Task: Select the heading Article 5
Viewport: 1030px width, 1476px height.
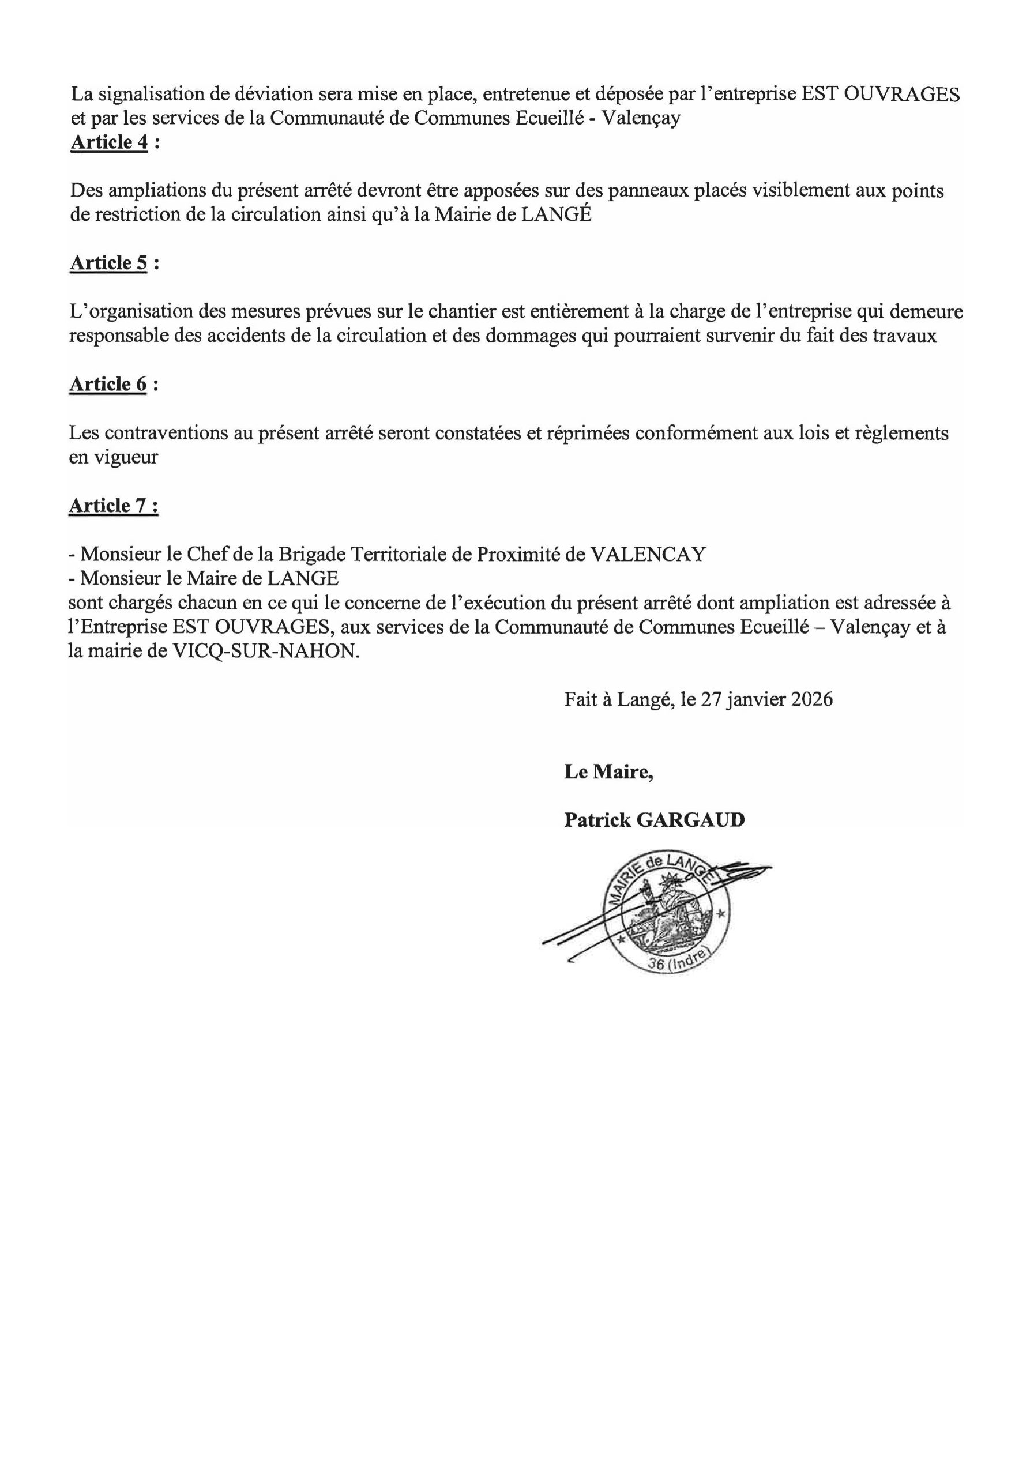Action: click(x=108, y=263)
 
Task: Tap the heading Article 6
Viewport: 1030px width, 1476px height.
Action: click(x=108, y=384)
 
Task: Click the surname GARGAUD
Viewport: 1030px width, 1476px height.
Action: click(x=690, y=820)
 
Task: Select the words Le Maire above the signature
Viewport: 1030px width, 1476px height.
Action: click(x=608, y=771)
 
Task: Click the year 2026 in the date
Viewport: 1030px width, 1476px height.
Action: click(x=811, y=699)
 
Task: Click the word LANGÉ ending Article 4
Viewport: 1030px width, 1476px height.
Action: click(x=555, y=214)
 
